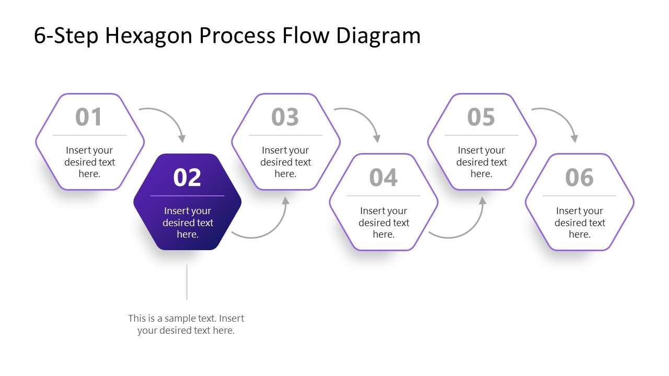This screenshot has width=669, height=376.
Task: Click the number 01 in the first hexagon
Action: [89, 117]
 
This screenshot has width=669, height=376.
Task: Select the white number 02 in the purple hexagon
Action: [187, 178]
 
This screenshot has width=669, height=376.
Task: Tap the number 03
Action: [285, 117]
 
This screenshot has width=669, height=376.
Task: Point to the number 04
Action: [383, 178]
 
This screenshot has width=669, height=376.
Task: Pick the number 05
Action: [481, 117]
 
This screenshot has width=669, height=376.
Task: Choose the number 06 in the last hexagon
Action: [579, 178]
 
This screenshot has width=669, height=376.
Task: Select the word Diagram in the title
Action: [378, 36]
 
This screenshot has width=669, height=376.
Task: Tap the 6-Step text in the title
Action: [66, 36]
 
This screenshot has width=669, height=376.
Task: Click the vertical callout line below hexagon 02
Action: [187, 282]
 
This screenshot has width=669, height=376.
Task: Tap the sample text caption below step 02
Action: [186, 324]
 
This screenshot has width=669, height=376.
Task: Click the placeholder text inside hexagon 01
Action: [89, 162]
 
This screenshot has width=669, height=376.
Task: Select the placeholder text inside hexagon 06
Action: [580, 222]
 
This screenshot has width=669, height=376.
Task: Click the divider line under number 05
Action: [481, 135]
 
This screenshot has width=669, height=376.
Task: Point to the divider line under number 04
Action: [383, 196]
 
